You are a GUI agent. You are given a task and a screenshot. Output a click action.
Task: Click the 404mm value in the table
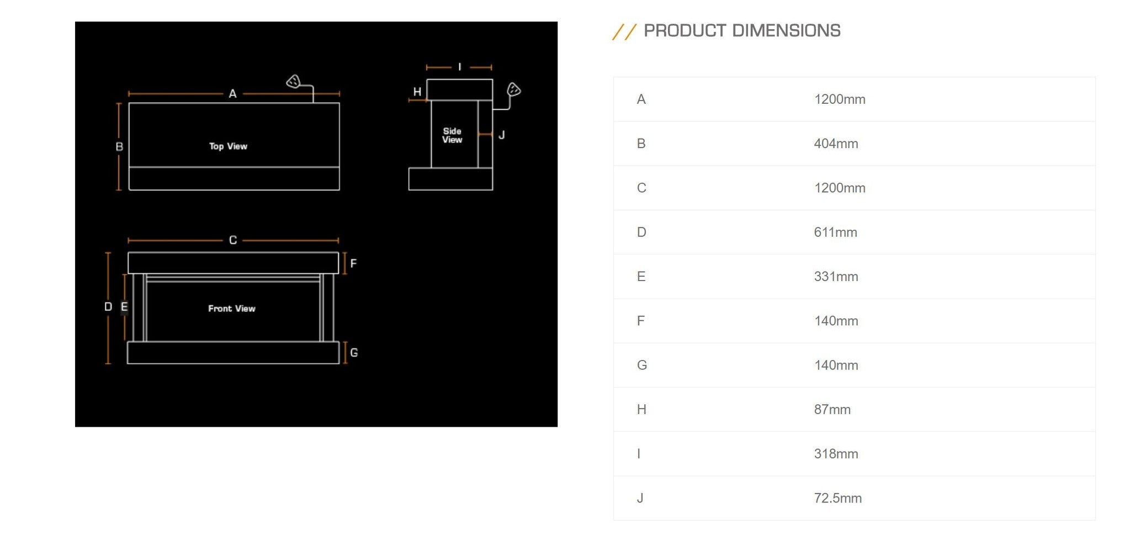pos(836,144)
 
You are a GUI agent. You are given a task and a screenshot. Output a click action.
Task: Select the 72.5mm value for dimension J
pos(837,498)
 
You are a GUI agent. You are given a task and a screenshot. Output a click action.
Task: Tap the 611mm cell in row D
pos(835,232)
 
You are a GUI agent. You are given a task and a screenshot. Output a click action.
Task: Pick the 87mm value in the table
pos(832,410)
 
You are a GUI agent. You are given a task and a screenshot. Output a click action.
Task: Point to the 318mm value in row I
pos(836,454)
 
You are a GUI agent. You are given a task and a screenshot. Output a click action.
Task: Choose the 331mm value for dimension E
pos(836,277)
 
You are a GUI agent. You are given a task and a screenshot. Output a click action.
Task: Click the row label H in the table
pos(641,410)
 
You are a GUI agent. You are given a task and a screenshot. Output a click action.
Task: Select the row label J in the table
pos(640,498)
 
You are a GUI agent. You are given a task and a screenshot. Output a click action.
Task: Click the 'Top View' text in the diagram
pos(228,146)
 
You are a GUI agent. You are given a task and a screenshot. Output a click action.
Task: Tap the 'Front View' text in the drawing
pos(232,309)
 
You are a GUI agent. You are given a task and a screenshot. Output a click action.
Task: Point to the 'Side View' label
pos(452,135)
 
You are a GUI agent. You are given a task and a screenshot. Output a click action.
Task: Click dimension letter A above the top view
pos(233,94)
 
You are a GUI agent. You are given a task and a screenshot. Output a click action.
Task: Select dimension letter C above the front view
pos(233,240)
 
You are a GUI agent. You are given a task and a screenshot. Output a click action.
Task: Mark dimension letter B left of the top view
pos(119,147)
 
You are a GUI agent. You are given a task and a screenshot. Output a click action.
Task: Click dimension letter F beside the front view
pos(353,263)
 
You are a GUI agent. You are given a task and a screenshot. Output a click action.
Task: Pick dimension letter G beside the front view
pos(354,352)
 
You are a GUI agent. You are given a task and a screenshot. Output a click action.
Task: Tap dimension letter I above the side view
pos(459,67)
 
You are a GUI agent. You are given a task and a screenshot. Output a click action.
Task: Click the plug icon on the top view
pos(293,82)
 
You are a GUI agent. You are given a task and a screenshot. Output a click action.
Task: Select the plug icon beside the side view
pos(514,89)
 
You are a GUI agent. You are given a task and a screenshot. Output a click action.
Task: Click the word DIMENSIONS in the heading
pos(786,31)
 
